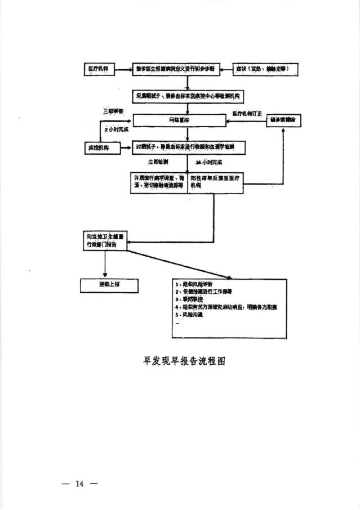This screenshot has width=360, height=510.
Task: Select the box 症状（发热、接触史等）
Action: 265,69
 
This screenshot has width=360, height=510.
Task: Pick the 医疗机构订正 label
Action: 247,114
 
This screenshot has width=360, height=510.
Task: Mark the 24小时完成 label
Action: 208,162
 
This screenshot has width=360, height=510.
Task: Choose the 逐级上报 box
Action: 109,285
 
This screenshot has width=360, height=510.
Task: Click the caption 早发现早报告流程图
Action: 184,361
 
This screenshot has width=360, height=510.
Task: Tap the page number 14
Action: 79,484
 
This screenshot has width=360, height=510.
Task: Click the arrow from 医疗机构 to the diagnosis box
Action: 123,69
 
